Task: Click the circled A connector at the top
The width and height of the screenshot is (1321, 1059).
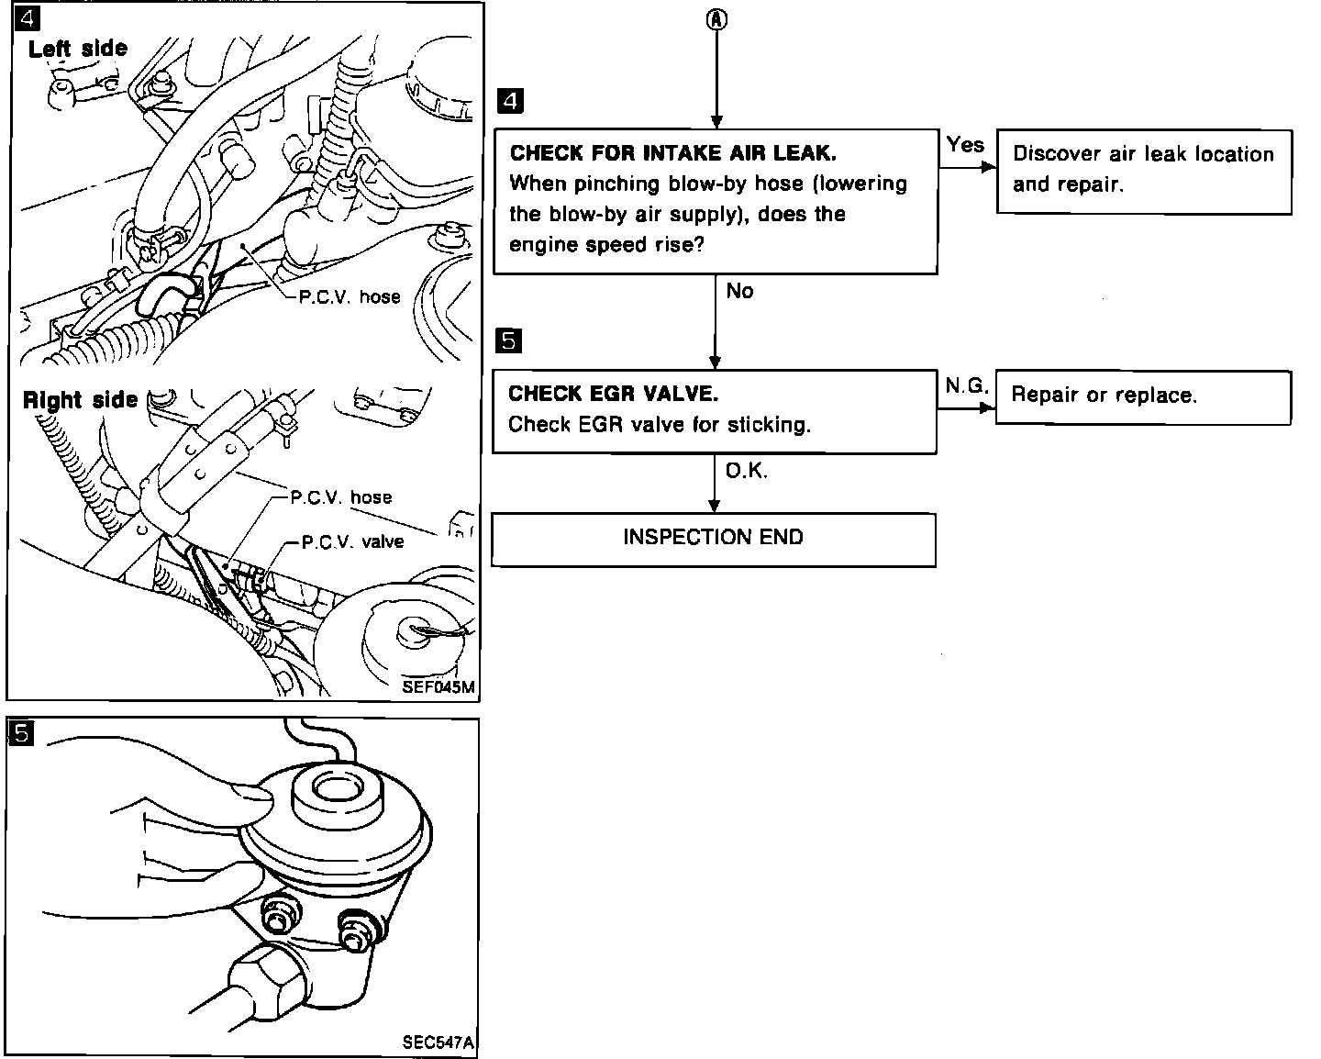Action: coord(716,21)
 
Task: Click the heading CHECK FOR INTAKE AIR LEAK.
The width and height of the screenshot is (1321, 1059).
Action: coord(672,153)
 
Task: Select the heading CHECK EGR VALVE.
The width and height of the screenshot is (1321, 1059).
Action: coord(613,394)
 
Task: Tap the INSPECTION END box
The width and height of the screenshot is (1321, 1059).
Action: coord(713,539)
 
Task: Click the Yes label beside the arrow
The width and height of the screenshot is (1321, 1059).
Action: coord(964,145)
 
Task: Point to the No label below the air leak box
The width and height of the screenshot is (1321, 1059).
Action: coord(739,291)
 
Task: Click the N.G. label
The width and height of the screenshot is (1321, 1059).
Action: coord(966,386)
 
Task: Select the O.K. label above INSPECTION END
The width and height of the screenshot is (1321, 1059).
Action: coord(747,471)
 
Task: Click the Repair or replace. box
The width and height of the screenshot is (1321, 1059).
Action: coord(1142,396)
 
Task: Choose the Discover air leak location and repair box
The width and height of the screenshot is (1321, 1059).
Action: coord(1143,171)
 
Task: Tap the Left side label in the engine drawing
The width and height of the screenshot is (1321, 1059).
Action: coord(78,49)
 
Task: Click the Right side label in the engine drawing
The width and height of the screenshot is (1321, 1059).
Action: coord(80,400)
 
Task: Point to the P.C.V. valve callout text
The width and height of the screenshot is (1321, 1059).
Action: coord(353,541)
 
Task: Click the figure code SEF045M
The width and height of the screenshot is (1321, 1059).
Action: coord(438,687)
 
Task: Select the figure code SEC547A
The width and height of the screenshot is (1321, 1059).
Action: coord(438,1043)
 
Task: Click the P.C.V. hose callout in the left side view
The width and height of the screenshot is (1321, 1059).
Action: coord(350,297)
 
